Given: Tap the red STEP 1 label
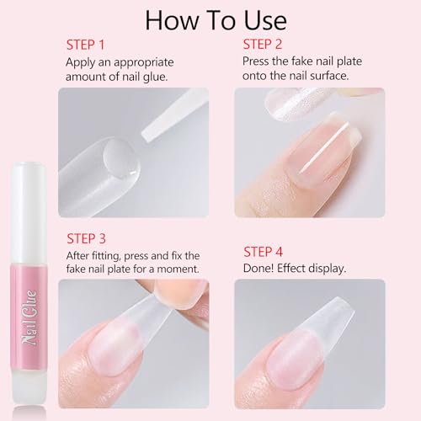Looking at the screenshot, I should [x=86, y=43].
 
